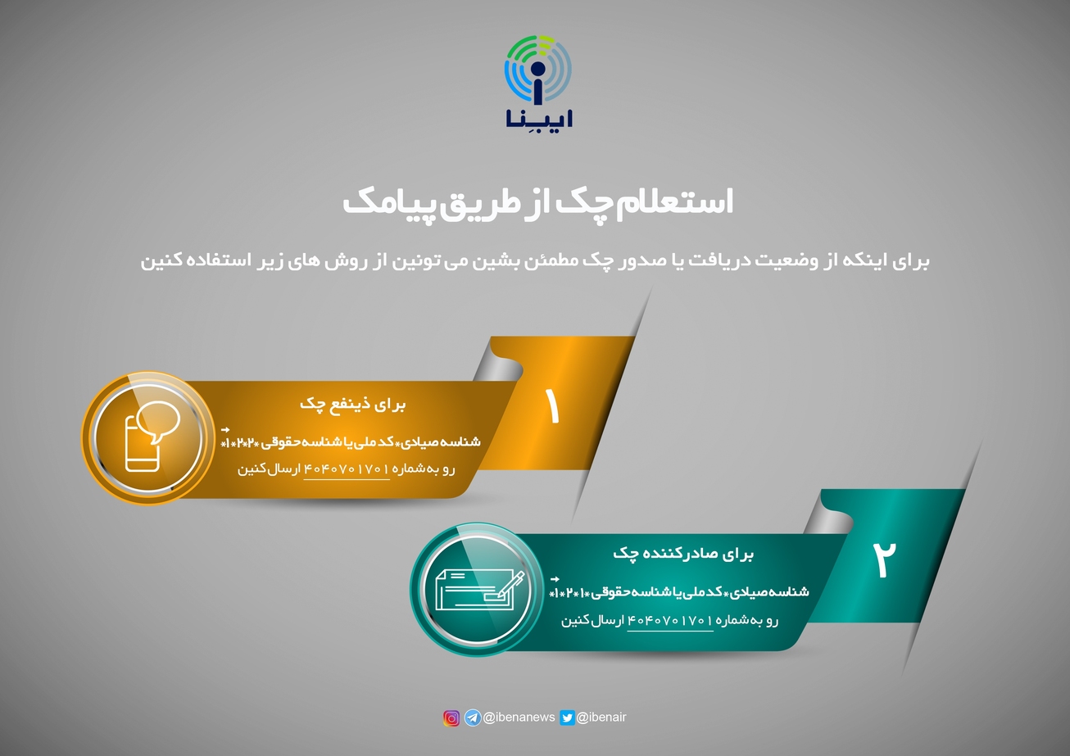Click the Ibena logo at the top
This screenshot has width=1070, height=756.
tap(538, 82)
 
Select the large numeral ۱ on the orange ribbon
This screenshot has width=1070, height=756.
tap(552, 406)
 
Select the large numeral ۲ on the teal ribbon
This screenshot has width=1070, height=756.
tap(884, 559)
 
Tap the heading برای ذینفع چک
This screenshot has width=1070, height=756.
tap(353, 404)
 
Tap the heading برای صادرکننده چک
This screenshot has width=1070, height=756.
tap(683, 554)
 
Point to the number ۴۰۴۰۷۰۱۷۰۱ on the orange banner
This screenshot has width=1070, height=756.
tap(347, 469)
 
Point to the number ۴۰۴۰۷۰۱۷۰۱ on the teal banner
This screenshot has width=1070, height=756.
tap(669, 620)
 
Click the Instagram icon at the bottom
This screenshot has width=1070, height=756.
tap(451, 718)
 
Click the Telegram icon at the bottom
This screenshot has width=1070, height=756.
tap(473, 718)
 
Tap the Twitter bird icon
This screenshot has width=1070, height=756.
tap(567, 718)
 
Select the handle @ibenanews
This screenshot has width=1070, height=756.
tap(519, 718)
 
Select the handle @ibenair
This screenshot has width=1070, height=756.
tap(601, 718)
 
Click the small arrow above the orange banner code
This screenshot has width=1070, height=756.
tap(225, 430)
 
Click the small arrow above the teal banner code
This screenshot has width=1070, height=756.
tap(555, 579)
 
